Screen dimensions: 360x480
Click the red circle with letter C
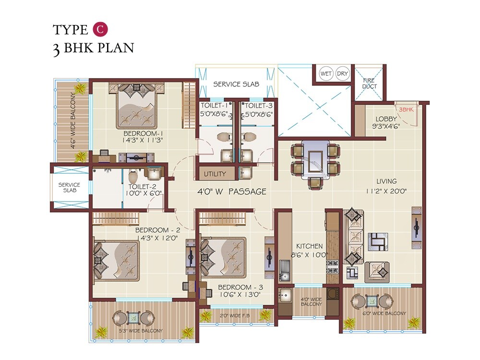pos(100,29)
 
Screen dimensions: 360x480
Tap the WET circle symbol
pos(326,74)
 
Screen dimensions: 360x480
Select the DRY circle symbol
pos(342,74)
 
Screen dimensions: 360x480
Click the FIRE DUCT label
pos(370,83)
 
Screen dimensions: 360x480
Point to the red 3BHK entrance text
pos(406,109)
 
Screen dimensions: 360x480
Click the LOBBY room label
pos(386,119)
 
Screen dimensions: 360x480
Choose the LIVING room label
pos(386,181)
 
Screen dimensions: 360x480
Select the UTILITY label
pos(215,174)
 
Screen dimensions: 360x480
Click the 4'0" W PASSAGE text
pos(232,192)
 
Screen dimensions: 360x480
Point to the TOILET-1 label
pos(214,105)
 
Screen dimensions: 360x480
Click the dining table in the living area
pos(315,161)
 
